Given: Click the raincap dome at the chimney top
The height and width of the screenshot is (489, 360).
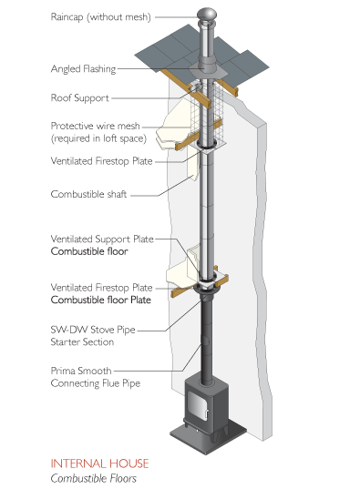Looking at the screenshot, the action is tap(207, 15).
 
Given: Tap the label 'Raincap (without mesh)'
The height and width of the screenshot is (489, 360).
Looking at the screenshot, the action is tap(101, 16).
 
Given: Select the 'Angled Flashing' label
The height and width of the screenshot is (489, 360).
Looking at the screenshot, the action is tap(83, 69).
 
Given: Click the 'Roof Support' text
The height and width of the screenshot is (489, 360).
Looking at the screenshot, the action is tap(80, 98).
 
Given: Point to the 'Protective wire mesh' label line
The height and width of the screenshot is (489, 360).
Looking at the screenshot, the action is tap(95, 126).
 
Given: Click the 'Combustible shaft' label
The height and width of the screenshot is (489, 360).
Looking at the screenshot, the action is tap(88, 194).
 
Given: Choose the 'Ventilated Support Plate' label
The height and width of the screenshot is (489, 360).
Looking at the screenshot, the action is tap(102, 239).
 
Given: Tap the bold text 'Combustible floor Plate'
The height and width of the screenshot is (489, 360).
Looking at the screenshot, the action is tap(101, 300).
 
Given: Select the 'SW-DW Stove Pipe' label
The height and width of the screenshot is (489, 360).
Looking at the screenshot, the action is tap(93, 330).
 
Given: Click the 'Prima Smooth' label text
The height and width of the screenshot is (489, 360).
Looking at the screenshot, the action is tap(81, 372).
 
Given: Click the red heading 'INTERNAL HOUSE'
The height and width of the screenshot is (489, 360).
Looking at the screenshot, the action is tap(99, 464).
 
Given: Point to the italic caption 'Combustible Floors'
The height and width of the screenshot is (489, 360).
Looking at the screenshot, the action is tap(94, 478).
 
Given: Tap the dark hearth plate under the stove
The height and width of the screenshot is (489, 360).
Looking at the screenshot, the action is tap(209, 436).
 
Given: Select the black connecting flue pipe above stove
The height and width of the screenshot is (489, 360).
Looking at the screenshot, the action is tap(206, 340).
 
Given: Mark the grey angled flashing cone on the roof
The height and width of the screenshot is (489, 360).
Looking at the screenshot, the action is tap(205, 70).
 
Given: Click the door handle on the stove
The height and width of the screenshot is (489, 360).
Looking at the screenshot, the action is tap(206, 414).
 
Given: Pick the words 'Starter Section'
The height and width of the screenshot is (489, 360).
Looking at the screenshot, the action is tap(82, 342).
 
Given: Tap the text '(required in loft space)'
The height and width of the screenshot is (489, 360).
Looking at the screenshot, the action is tap(98, 138).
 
